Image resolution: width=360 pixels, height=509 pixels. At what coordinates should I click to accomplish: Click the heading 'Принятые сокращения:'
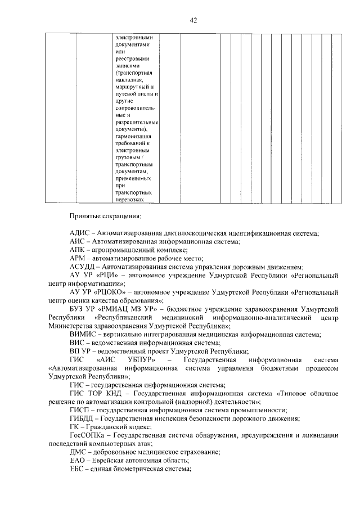pos(105,215)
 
